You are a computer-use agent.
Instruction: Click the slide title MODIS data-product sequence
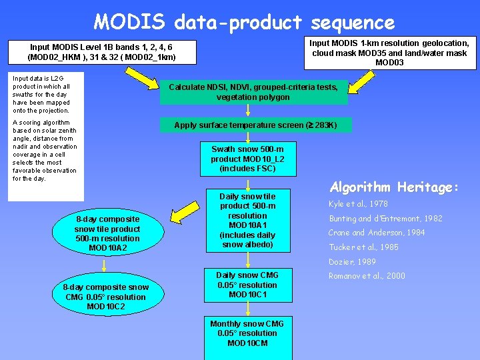pos(244,22)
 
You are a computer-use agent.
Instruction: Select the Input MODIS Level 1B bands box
pos(102,52)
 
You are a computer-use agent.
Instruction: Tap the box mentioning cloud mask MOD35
pos(390,53)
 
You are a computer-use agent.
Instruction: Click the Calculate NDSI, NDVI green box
pos(253,92)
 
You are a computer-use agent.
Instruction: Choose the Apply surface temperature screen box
pos(255,125)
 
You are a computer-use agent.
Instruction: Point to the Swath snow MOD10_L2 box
pos(247,159)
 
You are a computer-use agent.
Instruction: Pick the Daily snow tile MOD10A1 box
pos(247,221)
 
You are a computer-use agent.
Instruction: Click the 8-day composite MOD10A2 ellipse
pos(107,233)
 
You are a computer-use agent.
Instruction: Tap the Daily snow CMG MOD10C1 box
pos(247,285)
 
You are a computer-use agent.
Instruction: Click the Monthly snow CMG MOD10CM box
pos(247,333)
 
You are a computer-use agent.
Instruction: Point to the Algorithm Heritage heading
pos(394,187)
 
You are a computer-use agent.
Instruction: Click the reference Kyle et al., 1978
pos(358,204)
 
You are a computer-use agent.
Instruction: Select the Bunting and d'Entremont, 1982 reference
pos(385,219)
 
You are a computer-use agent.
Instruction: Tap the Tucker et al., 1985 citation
pos(363,247)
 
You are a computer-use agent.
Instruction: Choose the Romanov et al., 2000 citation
pos(366,276)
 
